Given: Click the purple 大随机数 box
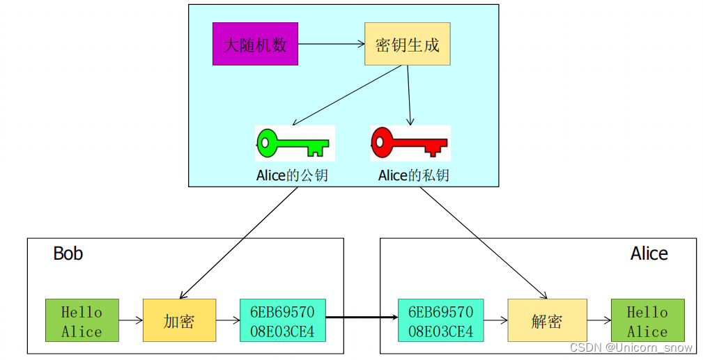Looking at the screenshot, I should pyautogui.click(x=255, y=44).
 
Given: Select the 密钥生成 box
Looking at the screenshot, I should pyautogui.click(x=407, y=44).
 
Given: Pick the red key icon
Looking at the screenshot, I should pyautogui.click(x=409, y=143).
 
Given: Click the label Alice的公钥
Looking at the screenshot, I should pyautogui.click(x=292, y=175).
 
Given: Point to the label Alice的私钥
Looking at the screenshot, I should pyautogui.click(x=414, y=175).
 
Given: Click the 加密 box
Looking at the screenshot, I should pyautogui.click(x=179, y=320).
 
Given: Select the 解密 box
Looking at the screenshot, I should pyautogui.click(x=546, y=320).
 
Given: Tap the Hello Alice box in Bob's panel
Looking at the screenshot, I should pyautogui.click(x=82, y=320).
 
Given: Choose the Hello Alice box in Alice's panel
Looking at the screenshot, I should pyautogui.click(x=647, y=320).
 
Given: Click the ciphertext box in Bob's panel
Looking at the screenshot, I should pyautogui.click(x=282, y=320).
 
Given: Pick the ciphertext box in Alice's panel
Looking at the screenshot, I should pyautogui.click(x=440, y=320).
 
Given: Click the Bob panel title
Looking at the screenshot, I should pyautogui.click(x=68, y=253).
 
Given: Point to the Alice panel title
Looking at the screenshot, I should pyautogui.click(x=649, y=253).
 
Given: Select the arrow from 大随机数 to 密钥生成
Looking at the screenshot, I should pyautogui.click(x=331, y=44).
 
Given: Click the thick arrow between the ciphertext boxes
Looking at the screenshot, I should pyautogui.click(x=361, y=318).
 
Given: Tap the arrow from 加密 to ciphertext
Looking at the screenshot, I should pyautogui.click(x=228, y=321).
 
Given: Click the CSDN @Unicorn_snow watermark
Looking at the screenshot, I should pyautogui.click(x=631, y=347).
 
